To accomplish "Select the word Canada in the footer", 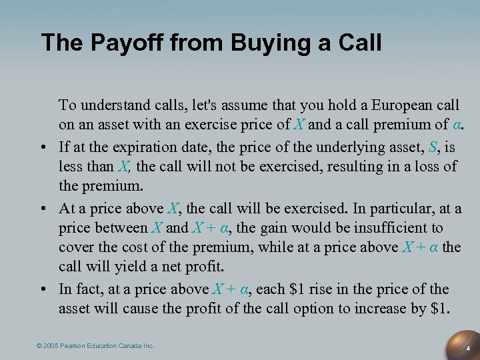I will (131, 346).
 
